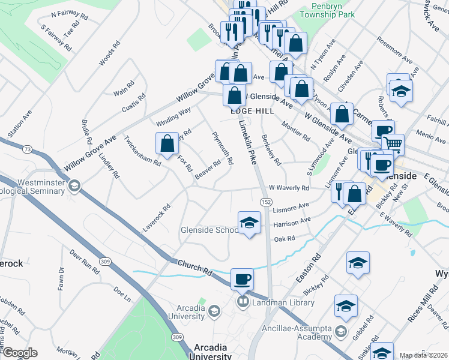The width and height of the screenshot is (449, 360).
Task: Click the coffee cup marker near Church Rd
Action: pyautogui.click(x=242, y=279)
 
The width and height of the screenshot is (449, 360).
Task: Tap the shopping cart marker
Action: pyautogui.click(x=393, y=144)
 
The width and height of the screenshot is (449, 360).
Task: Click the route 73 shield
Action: pyautogui.click(x=27, y=148)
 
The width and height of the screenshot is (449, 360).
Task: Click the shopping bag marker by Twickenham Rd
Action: pyautogui.click(x=167, y=144)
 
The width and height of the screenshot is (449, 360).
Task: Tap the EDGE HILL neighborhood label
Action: pyautogui.click(x=252, y=111)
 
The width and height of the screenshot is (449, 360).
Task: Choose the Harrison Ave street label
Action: pyautogui.click(x=292, y=223)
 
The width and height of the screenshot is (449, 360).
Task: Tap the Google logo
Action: pyautogui.click(x=19, y=353)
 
